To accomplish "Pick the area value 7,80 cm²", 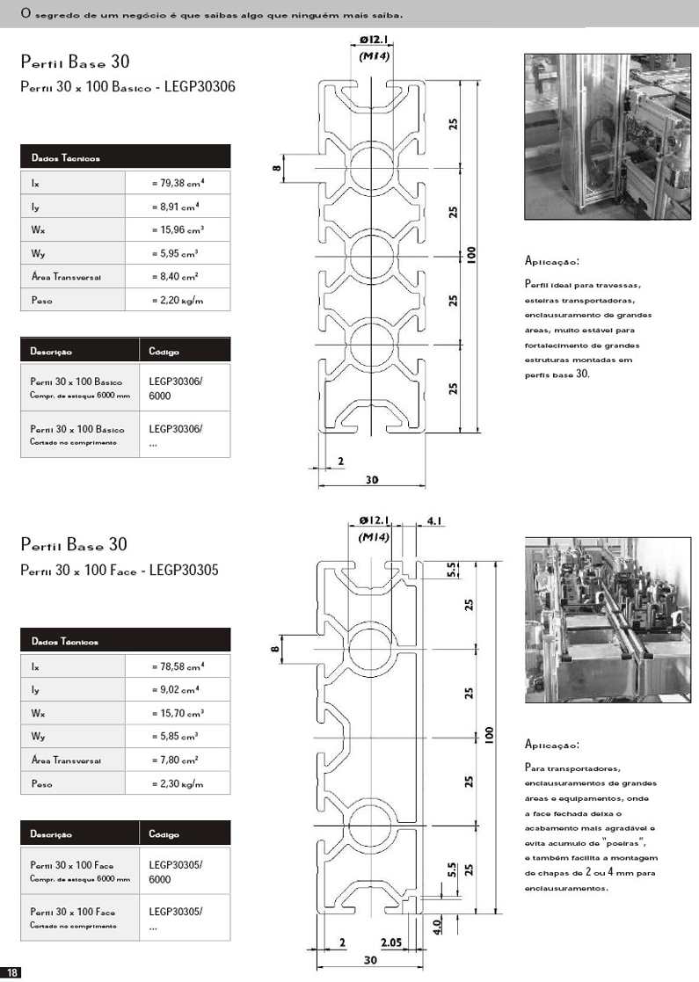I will click(x=175, y=760).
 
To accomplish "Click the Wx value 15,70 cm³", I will click(x=178, y=713).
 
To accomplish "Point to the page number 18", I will click(x=12, y=971).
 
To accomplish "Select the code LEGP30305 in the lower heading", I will click(x=184, y=571).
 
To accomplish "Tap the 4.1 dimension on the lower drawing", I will click(x=435, y=521).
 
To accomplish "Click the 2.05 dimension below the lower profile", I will click(x=392, y=943).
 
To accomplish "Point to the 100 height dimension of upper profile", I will click(x=471, y=256).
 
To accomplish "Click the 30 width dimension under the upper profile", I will click(x=372, y=480).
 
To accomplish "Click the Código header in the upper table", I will click(x=164, y=352).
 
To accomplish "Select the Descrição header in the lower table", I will click(x=51, y=833).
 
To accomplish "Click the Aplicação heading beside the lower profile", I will click(x=551, y=746).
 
